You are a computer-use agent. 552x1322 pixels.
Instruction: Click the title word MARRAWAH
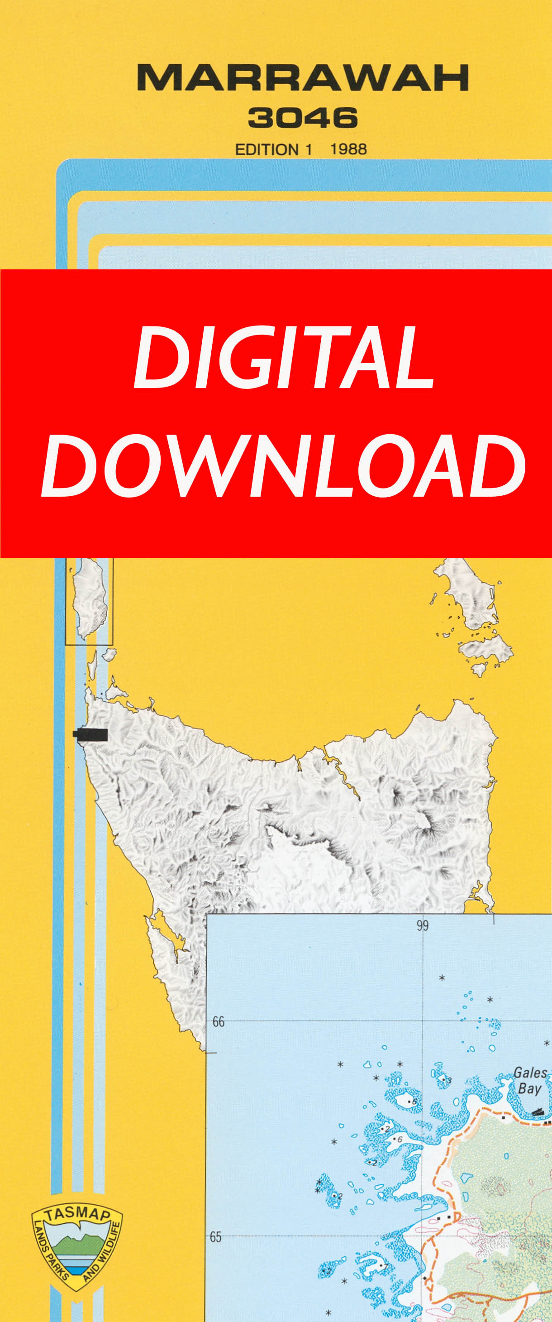303,78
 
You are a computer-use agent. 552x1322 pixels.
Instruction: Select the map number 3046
303,118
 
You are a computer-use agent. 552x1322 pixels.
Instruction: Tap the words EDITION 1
273,149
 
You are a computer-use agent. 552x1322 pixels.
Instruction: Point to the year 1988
348,149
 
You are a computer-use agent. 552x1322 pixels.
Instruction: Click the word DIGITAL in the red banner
284,357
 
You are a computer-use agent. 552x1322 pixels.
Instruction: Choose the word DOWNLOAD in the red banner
284,465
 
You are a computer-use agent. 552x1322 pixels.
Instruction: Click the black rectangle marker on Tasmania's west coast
91,735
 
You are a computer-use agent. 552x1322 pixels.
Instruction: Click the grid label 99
422,925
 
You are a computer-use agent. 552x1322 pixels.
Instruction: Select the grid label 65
215,1237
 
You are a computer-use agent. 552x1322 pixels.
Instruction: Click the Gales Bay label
530,1080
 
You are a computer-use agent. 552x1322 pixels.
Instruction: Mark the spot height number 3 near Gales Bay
449,1081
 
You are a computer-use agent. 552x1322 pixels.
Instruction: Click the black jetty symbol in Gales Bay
537,1111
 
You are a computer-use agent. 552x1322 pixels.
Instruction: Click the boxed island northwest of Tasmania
89,600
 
